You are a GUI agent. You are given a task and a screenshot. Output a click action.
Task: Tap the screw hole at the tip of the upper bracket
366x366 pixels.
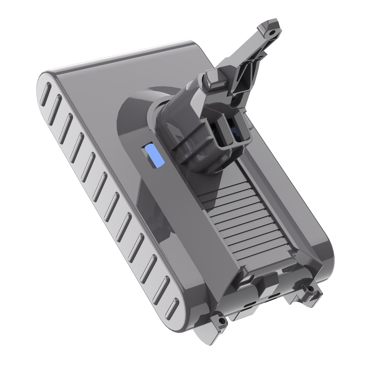[x=272, y=33]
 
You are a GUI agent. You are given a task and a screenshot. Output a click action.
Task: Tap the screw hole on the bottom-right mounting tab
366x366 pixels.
[x=311, y=289]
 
